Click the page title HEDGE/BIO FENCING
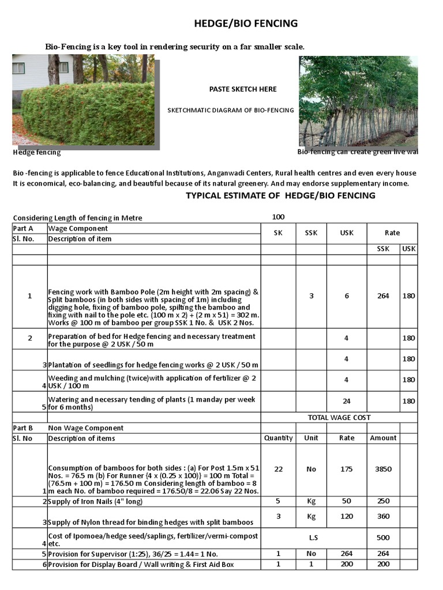[x=245, y=24]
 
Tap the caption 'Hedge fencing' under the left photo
[x=37, y=153]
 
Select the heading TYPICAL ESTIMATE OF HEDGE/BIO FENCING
[x=280, y=196]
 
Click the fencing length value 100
[x=278, y=217]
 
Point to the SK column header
[x=278, y=233]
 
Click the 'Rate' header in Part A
[x=392, y=233]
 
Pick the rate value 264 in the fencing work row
[x=383, y=296]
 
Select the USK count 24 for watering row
[x=346, y=401]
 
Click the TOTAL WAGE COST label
[x=339, y=417]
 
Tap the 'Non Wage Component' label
[x=86, y=428]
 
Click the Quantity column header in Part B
[x=278, y=438]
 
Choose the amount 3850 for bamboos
[x=383, y=469]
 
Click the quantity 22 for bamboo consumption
[x=278, y=469]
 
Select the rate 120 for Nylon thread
[x=346, y=516]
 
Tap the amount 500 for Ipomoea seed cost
[x=383, y=538]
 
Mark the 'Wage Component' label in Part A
[x=77, y=228]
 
